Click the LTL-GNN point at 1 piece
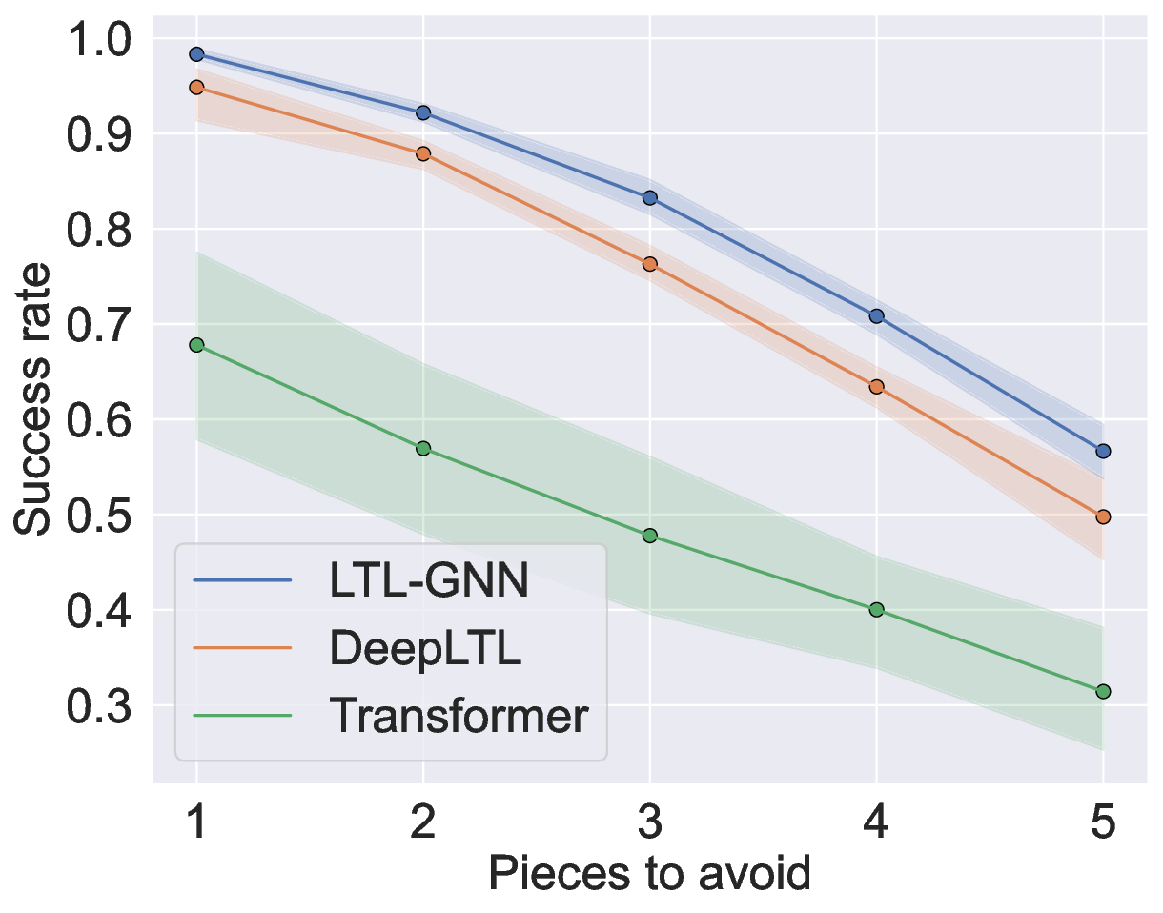coord(196,54)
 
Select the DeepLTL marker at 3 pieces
coord(650,264)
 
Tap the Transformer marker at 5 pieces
coord(1103,691)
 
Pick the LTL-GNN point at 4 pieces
coord(876,315)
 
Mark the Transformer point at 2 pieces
coord(423,448)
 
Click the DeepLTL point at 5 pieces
coord(1103,517)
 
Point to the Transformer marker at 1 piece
coord(196,345)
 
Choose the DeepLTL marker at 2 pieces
coord(423,153)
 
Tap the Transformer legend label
coord(459,715)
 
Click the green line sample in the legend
coord(241,716)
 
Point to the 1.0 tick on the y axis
coord(101,39)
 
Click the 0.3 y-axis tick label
coord(101,706)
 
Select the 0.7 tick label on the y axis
coord(101,325)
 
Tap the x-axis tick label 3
coord(650,822)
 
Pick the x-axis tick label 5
coord(1103,822)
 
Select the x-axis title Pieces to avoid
coord(649,873)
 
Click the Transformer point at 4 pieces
coord(876,609)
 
